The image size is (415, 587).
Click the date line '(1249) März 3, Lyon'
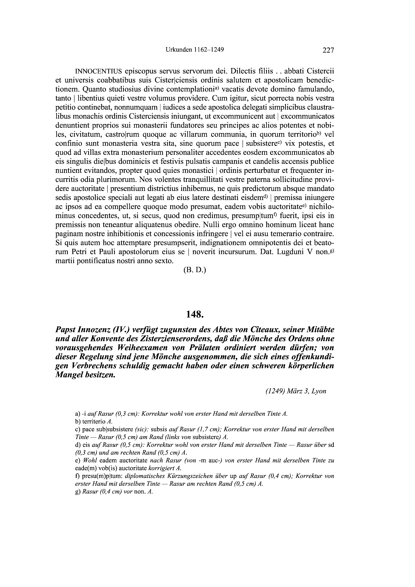pos(296,391)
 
